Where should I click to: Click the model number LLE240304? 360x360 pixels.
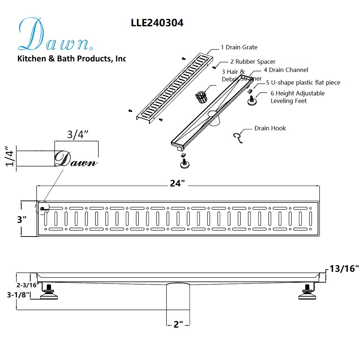[x=157, y=23]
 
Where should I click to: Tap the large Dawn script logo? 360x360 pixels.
[x=54, y=35]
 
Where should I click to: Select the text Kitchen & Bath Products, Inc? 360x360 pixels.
[x=72, y=58]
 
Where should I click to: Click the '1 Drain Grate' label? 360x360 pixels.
[x=239, y=47]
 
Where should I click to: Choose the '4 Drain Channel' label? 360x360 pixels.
[x=285, y=70]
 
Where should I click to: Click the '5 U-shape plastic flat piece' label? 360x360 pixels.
[x=303, y=82]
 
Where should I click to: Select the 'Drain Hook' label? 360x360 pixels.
[x=270, y=128]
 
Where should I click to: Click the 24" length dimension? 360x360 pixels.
[x=177, y=183]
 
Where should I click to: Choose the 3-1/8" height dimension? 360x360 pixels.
[x=19, y=294]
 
